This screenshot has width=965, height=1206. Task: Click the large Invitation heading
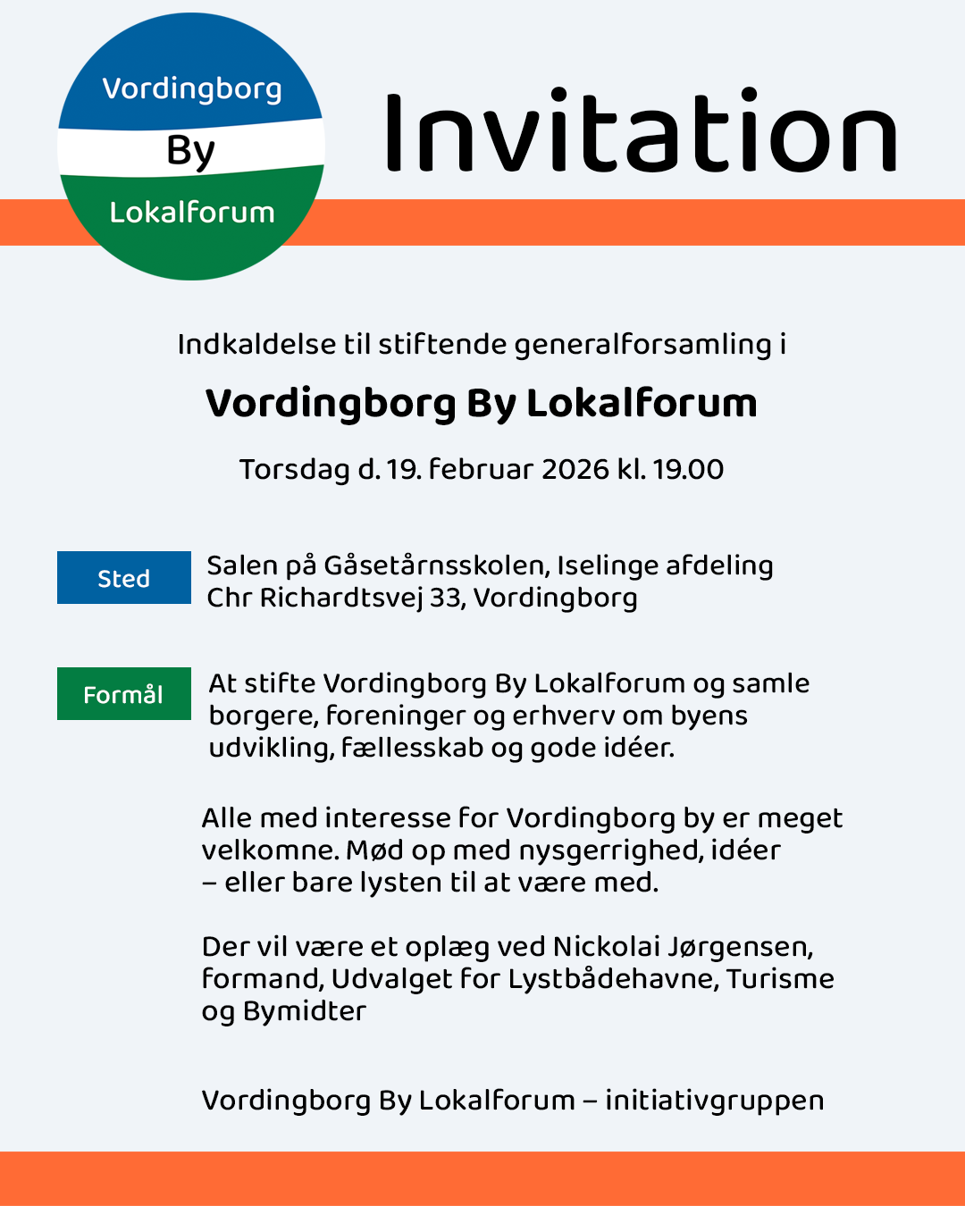pyautogui.click(x=640, y=132)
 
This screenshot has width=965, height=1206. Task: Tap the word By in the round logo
pyautogui.click(x=190, y=151)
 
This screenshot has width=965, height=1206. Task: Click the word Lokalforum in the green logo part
pyautogui.click(x=192, y=213)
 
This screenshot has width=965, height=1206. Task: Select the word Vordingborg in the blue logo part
pyautogui.click(x=192, y=89)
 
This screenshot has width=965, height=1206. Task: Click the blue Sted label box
pyautogui.click(x=124, y=578)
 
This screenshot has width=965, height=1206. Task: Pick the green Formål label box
pyautogui.click(x=124, y=694)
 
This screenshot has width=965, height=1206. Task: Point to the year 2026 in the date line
pyautogui.click(x=575, y=469)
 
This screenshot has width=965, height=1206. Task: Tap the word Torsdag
pyautogui.click(x=294, y=470)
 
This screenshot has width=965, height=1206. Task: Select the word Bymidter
pyautogui.click(x=304, y=1011)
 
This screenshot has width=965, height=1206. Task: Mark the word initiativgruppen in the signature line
pyautogui.click(x=714, y=1101)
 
